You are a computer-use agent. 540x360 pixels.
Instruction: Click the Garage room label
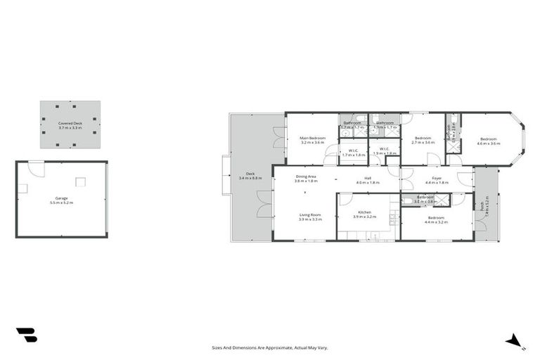click(61, 198)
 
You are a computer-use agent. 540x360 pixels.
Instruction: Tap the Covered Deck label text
click(70, 124)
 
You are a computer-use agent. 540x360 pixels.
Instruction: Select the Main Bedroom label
click(312, 138)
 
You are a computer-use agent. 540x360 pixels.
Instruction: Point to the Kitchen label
click(364, 212)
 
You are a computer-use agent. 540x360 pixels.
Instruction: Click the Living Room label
click(309, 214)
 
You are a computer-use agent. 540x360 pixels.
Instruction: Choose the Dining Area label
click(306, 177)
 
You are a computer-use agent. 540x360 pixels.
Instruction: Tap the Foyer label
click(437, 178)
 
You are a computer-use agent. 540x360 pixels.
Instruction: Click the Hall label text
click(367, 178)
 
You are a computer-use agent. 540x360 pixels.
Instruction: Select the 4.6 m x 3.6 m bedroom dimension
click(489, 143)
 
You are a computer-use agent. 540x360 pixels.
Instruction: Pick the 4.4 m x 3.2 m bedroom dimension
click(436, 222)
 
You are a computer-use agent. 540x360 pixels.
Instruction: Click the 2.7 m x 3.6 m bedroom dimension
click(422, 143)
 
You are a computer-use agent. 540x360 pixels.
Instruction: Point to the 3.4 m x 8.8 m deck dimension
click(250, 178)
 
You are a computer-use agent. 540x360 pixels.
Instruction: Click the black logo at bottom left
click(26, 335)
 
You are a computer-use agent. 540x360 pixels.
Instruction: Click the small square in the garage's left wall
click(22, 188)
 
